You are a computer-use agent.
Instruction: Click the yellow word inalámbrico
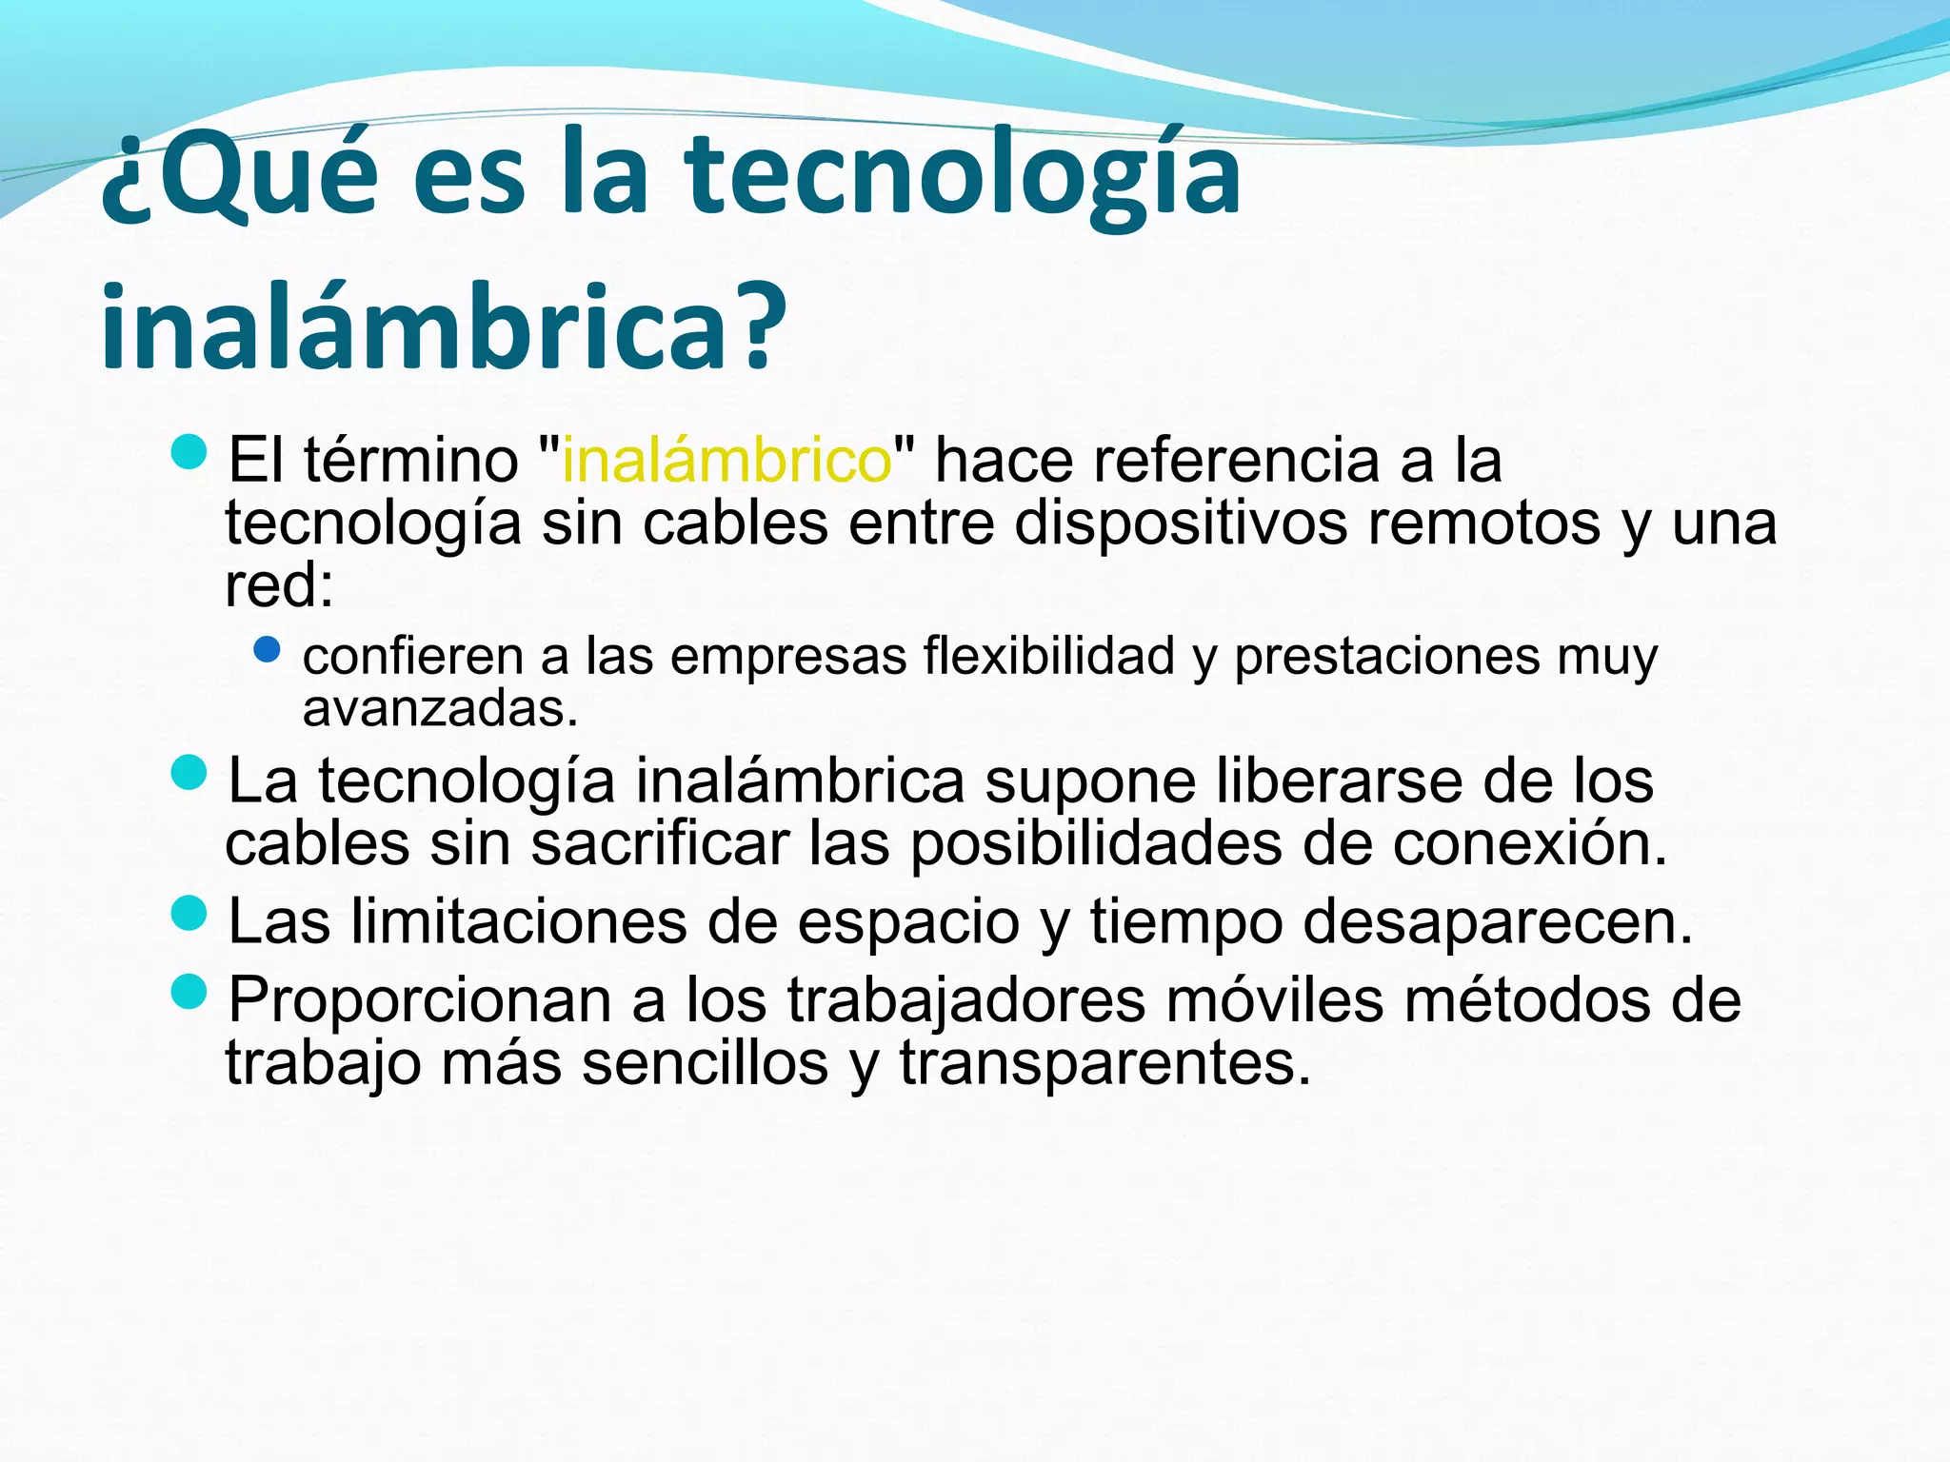pos(726,461)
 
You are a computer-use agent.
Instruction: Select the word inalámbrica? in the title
pos(444,326)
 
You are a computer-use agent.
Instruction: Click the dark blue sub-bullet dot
pos(268,651)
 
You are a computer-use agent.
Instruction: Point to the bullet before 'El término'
pos(189,452)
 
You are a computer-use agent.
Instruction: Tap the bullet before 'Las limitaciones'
pos(189,914)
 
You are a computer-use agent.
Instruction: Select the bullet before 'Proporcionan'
pos(189,993)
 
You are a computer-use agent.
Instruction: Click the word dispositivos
pos(1181,524)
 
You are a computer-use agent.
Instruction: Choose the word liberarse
pos(1338,780)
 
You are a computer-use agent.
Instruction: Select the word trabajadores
pos(965,1001)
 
